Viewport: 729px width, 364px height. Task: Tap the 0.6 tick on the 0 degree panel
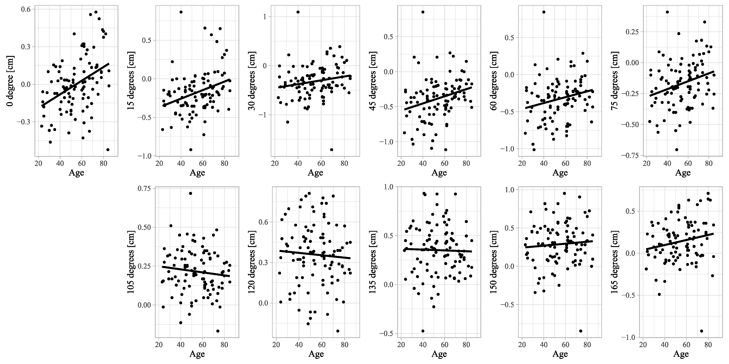[26, 9]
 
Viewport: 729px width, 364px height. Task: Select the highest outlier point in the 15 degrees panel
[181, 12]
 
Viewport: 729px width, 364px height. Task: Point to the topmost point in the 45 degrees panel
[423, 12]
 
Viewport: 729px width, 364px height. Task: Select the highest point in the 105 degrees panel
[191, 193]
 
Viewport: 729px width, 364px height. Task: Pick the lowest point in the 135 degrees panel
[423, 331]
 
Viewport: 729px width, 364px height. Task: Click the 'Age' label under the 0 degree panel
[76, 173]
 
